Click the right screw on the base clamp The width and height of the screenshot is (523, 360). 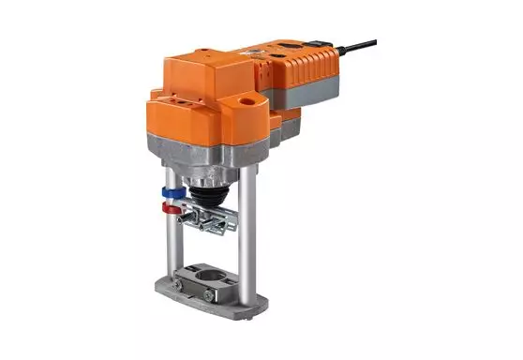point(208,296)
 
